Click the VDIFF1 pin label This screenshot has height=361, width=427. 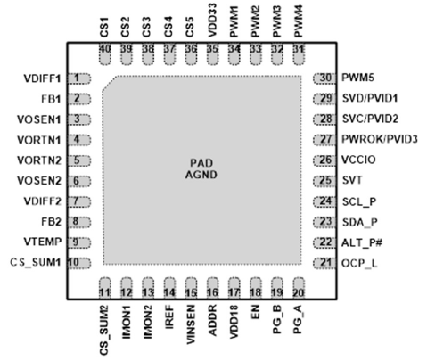(42, 78)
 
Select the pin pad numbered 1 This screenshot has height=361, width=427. (79, 78)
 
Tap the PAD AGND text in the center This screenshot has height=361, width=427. (201, 168)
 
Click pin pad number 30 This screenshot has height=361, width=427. (324, 78)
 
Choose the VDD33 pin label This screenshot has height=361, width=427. (212, 21)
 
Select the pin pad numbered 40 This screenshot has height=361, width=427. (104, 53)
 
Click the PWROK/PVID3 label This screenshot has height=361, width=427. (380, 139)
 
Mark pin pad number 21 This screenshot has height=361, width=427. (324, 263)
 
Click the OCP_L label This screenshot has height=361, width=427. (359, 263)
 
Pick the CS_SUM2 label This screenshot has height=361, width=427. (104, 330)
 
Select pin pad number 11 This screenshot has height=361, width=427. (104, 288)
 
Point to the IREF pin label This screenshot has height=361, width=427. (169, 316)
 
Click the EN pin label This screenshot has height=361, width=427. (255, 312)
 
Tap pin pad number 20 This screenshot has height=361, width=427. (299, 288)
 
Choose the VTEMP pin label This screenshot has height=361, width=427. (43, 242)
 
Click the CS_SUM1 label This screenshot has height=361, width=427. (36, 262)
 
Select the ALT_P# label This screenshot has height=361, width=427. (362, 242)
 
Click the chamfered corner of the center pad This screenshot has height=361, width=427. (110, 83)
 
